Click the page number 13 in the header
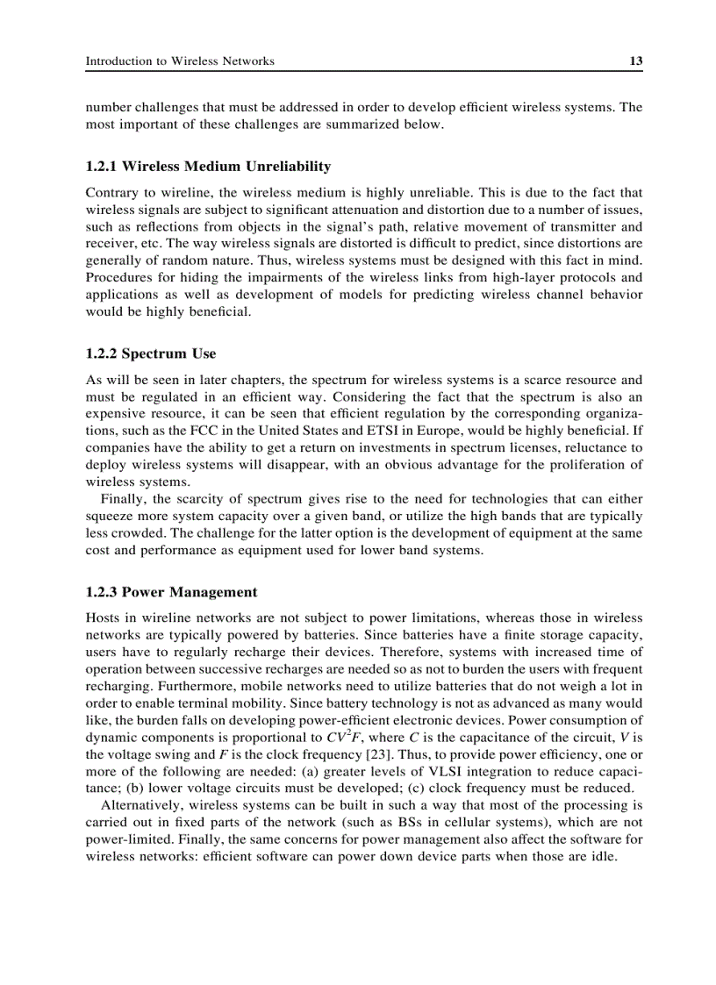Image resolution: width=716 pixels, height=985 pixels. pos(636,61)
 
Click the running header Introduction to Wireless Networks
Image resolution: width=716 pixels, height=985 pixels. pos(180,61)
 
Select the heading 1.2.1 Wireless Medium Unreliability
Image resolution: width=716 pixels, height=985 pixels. pos(208,167)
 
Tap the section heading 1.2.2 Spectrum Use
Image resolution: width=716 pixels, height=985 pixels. pos(151,354)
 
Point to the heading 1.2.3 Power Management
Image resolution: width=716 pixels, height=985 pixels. pos(172,592)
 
